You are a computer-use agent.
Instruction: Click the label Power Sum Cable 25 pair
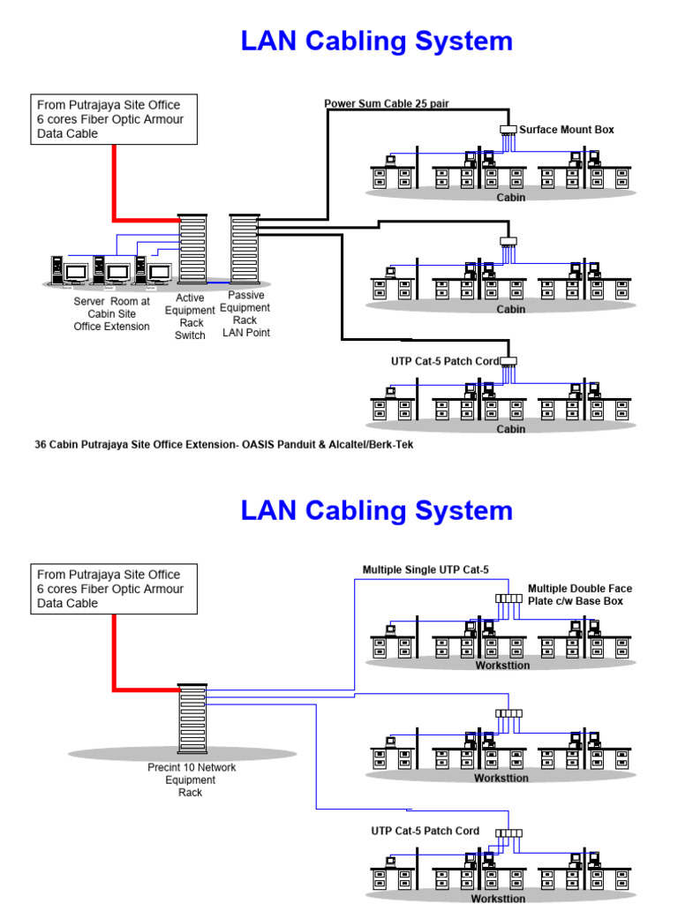point(387,103)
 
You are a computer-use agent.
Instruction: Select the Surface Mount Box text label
point(566,130)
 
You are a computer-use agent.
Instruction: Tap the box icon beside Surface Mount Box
point(508,130)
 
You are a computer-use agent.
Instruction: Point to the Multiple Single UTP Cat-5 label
point(426,569)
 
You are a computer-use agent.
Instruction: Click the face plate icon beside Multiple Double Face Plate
point(509,599)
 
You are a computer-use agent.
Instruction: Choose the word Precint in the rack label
point(165,767)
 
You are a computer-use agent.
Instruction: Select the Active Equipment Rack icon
point(192,251)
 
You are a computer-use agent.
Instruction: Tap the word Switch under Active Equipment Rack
point(191,335)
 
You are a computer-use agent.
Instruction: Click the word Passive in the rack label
point(245,295)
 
